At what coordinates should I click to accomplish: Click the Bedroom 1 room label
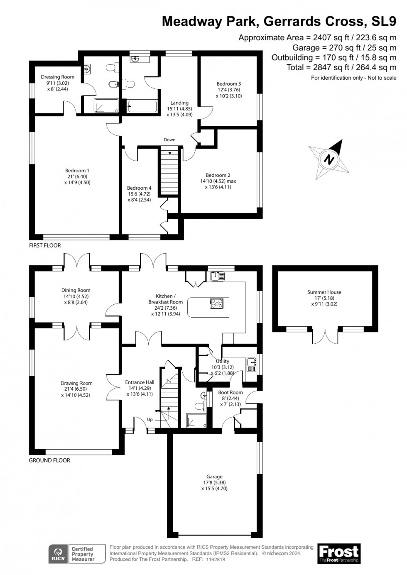point(77,171)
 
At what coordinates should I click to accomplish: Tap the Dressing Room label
point(57,77)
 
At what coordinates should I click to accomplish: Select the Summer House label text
point(324,292)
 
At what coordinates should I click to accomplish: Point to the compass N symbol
point(329,159)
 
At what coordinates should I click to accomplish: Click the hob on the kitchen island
point(217,303)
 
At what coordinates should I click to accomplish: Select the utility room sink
point(251,365)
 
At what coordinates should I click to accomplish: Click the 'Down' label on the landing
point(169,140)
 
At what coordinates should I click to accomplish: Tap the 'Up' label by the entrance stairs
point(150,420)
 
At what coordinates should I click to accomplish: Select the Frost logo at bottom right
point(339,553)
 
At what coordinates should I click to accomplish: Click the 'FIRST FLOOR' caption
point(45,246)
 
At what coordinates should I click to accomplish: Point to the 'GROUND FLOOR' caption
point(49,460)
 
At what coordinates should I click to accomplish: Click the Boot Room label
point(230,392)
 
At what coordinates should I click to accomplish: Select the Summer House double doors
point(324,335)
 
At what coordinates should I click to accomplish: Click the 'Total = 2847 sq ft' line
point(341,67)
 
